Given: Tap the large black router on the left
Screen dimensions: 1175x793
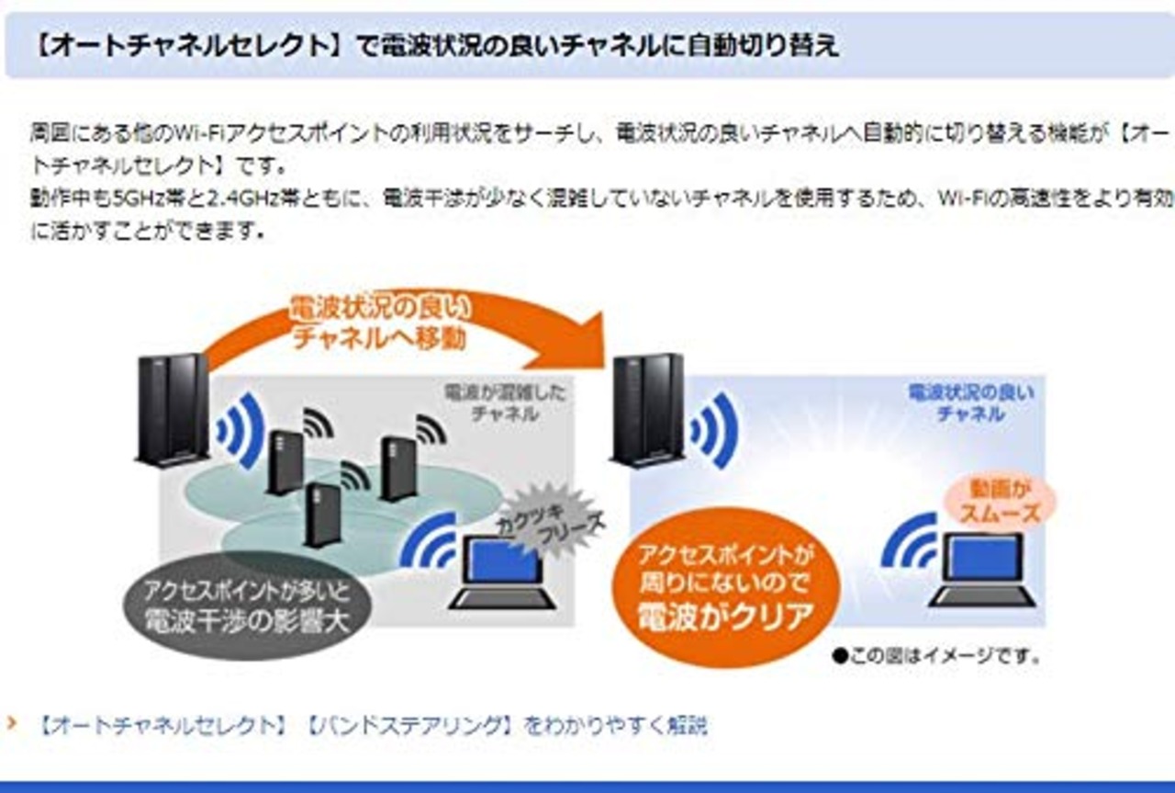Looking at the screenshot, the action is (172, 409).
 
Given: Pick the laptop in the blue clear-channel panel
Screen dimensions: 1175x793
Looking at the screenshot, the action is (983, 570).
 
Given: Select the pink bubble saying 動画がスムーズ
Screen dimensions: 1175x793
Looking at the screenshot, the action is (999, 501).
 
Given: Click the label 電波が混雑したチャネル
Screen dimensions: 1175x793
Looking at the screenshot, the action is (505, 403).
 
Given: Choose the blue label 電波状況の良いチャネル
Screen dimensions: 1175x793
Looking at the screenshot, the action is (970, 403).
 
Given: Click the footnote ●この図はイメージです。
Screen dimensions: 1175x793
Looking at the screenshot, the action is (936, 656).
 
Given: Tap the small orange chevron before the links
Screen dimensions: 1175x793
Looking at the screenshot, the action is (12, 724).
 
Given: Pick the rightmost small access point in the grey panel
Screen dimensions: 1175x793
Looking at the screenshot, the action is (398, 468).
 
